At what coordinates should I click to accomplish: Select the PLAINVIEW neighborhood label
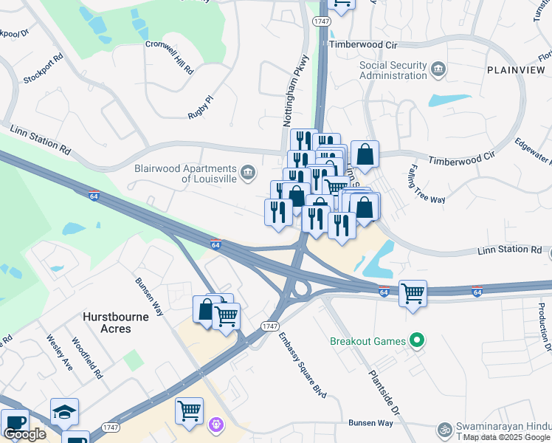(x=514, y=69)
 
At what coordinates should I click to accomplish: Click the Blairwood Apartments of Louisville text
(x=184, y=174)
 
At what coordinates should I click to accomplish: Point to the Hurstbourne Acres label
(x=115, y=322)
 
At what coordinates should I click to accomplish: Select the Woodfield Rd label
(x=87, y=359)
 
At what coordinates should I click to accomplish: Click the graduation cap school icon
(x=64, y=411)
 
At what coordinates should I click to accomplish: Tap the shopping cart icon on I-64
(x=413, y=293)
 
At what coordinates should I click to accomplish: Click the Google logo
(x=24, y=434)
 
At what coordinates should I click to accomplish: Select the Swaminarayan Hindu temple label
(x=502, y=428)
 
